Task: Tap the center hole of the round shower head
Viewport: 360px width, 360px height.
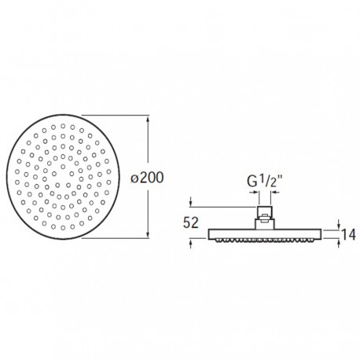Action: click(61, 178)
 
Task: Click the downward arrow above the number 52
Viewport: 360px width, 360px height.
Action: click(191, 204)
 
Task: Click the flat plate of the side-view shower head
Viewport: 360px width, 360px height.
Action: click(264, 233)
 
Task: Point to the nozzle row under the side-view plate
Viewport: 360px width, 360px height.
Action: click(264, 240)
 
